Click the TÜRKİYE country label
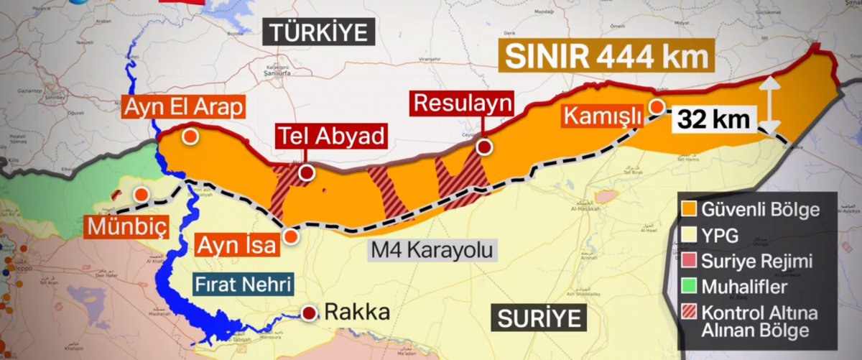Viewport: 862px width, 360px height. tap(318, 32)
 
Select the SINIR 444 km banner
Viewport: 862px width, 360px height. tap(606, 57)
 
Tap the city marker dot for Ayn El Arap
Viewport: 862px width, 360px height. tap(190, 137)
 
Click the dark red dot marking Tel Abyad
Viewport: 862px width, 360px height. tap(307, 172)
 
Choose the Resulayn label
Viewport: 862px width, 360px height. tap(463, 103)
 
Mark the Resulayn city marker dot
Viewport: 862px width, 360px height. tap(485, 147)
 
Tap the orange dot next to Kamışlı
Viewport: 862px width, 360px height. tap(657, 107)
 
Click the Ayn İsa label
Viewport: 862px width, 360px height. tap(236, 246)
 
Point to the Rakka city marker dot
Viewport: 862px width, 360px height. tap(309, 313)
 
